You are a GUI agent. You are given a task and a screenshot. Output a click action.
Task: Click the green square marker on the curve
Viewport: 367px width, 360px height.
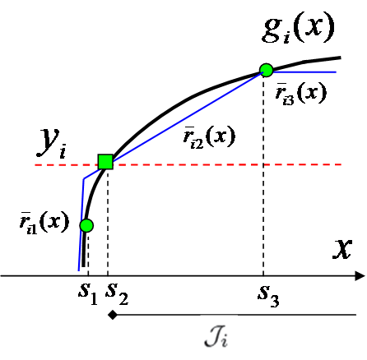coord(105,161)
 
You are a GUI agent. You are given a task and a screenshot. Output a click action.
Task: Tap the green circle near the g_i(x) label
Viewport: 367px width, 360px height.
coord(267,70)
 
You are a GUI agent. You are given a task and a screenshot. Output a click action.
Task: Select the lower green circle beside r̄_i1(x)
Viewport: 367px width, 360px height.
coord(86,225)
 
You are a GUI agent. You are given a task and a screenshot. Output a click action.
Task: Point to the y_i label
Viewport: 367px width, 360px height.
coord(50,145)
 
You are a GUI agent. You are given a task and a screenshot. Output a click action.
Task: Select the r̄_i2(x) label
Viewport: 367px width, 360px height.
coord(209,137)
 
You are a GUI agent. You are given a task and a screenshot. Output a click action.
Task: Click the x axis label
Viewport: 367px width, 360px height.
coord(343,249)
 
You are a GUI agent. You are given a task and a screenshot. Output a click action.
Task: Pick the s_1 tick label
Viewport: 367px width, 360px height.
coord(88,293)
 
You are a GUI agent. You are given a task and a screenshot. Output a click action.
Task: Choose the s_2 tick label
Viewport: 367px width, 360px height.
coord(116,293)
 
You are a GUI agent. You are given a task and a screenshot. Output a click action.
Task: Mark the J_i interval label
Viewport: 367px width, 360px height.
coord(219,337)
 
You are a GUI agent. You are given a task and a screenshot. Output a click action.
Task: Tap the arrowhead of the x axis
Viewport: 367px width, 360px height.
coord(360,275)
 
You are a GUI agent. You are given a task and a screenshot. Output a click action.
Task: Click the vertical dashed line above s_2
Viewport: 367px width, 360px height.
coord(109,222)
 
